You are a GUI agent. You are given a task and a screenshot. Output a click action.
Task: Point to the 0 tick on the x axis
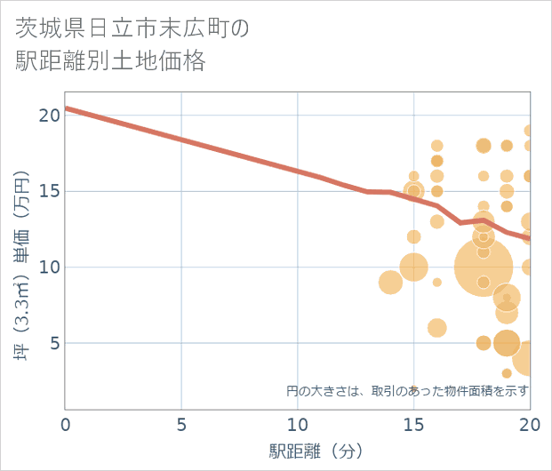(x=66, y=425)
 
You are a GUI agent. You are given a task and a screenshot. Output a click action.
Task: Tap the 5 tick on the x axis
(x=181, y=425)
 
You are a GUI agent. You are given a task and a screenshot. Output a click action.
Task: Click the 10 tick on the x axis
(x=298, y=425)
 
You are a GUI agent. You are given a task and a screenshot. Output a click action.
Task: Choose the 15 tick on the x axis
(x=413, y=425)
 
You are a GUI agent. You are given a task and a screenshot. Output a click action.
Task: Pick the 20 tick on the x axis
(x=530, y=425)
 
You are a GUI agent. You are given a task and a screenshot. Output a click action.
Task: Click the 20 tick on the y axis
(x=49, y=115)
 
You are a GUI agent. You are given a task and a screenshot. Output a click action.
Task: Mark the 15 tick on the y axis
(x=49, y=191)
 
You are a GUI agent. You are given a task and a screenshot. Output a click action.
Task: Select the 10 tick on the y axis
(x=49, y=267)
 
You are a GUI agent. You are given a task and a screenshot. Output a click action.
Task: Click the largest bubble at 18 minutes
(x=483, y=267)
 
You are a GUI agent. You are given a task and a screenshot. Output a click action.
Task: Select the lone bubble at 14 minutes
(x=390, y=282)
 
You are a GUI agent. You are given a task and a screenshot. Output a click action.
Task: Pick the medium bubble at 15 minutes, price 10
(x=413, y=267)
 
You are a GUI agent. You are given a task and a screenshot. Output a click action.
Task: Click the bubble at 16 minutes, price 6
(x=436, y=328)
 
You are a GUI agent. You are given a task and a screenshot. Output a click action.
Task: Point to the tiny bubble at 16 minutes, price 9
(x=436, y=282)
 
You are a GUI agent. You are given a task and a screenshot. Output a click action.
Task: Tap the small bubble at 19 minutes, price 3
(x=507, y=373)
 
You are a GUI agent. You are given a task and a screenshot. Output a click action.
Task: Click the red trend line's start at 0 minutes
(x=68, y=108)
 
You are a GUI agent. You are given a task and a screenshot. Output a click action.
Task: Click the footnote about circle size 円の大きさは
(x=407, y=390)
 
